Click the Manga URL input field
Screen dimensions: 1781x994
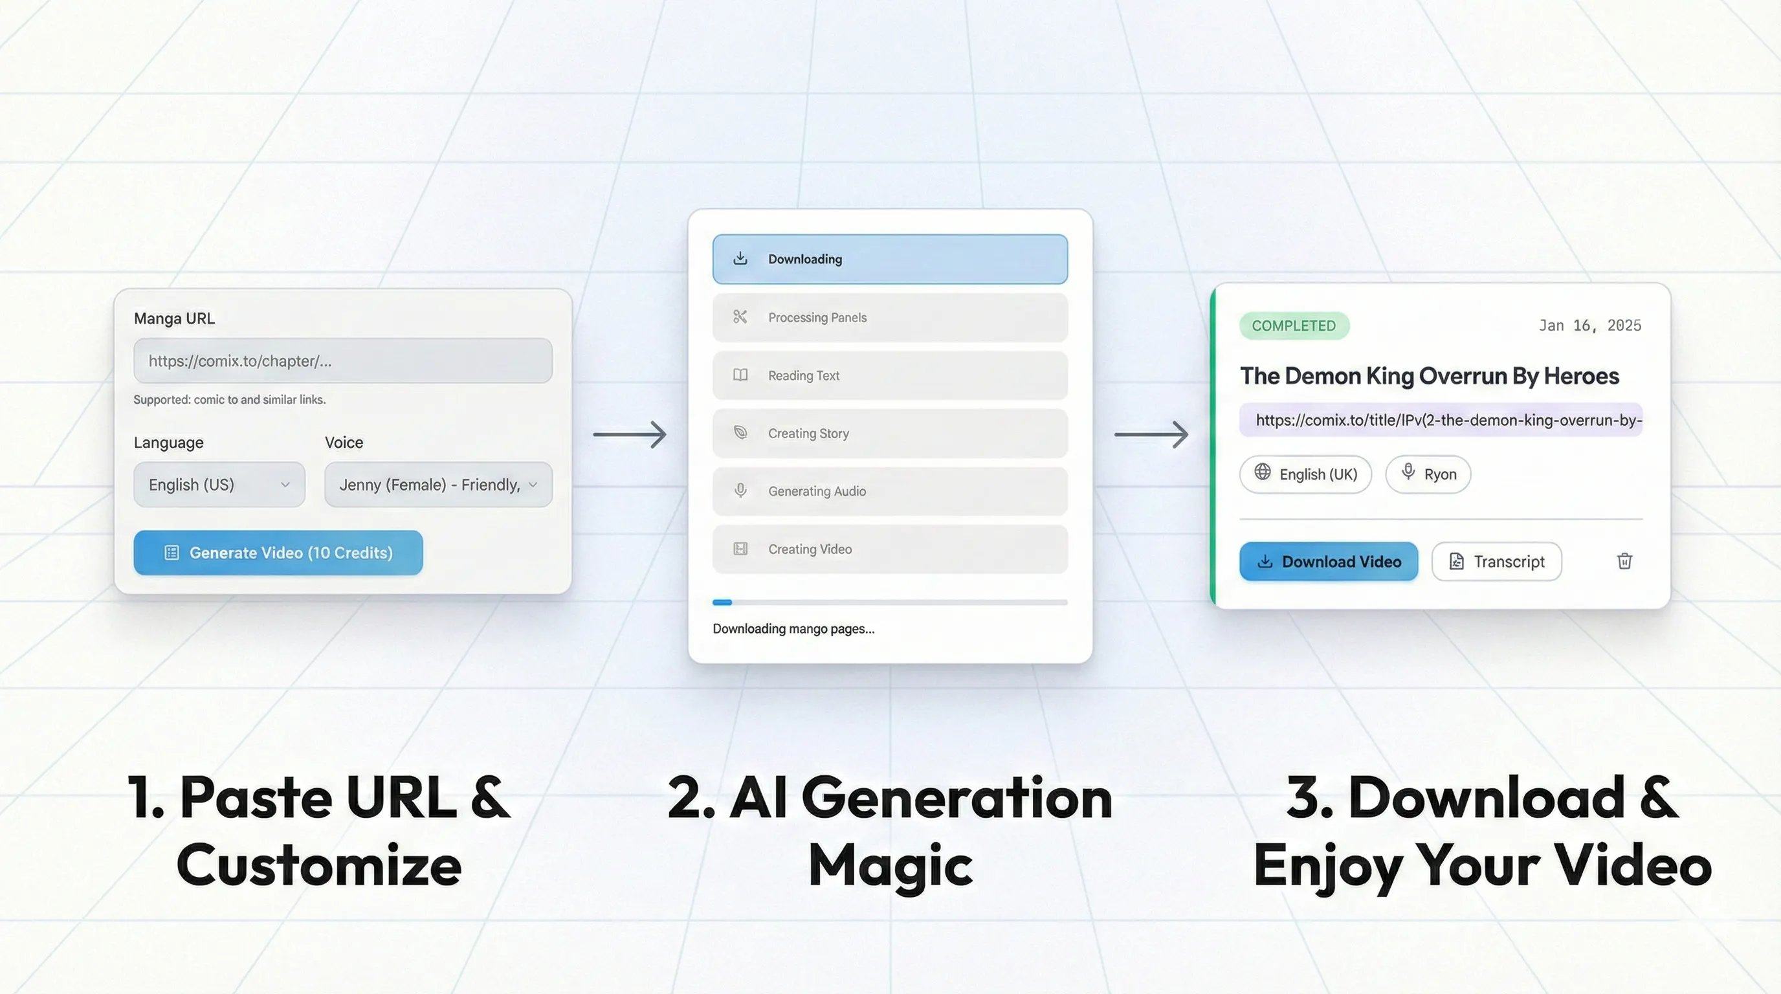(343, 361)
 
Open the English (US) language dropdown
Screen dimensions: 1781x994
(219, 485)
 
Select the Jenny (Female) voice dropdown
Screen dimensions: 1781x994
(438, 485)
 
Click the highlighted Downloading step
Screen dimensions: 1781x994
(890, 260)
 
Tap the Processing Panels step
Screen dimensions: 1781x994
(890, 317)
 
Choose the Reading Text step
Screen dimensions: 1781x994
(890, 375)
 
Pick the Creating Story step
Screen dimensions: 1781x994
(890, 434)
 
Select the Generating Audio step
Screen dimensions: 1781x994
(890, 491)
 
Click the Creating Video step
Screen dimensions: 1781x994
(890, 549)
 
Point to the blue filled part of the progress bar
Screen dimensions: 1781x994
(722, 602)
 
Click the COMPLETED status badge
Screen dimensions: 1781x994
(1294, 326)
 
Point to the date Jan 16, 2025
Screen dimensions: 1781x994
(1589, 326)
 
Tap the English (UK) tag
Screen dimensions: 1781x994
(1305, 474)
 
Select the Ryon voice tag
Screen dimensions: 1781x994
(1428, 474)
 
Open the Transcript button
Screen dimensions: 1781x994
(1496, 561)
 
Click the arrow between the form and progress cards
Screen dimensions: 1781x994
(630, 435)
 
